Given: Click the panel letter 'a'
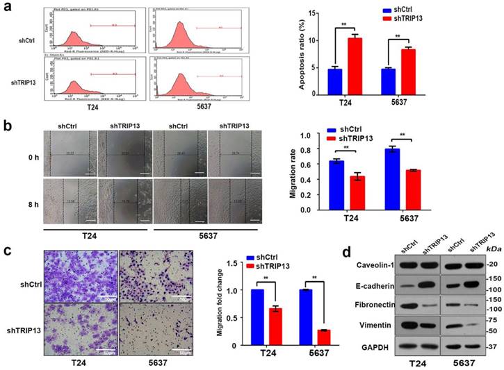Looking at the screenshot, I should click(8, 8).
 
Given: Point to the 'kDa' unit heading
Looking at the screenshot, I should click(491, 247).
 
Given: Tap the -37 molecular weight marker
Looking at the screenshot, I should click(491, 346).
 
